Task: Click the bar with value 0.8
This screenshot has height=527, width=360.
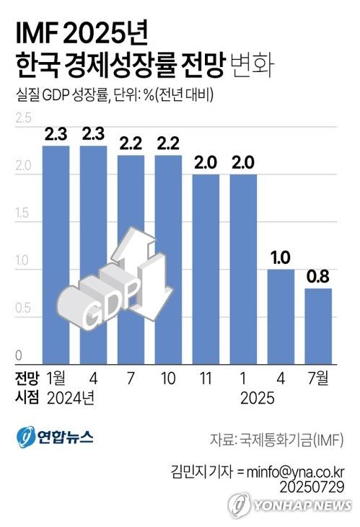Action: click(317, 324)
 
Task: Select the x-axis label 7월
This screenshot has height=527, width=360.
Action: click(318, 378)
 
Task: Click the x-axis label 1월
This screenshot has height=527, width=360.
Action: click(56, 378)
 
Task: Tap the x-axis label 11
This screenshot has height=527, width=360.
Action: click(206, 378)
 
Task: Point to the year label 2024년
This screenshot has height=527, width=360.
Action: click(71, 397)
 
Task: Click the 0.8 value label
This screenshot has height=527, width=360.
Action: click(317, 278)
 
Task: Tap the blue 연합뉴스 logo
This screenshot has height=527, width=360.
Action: click(54, 437)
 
